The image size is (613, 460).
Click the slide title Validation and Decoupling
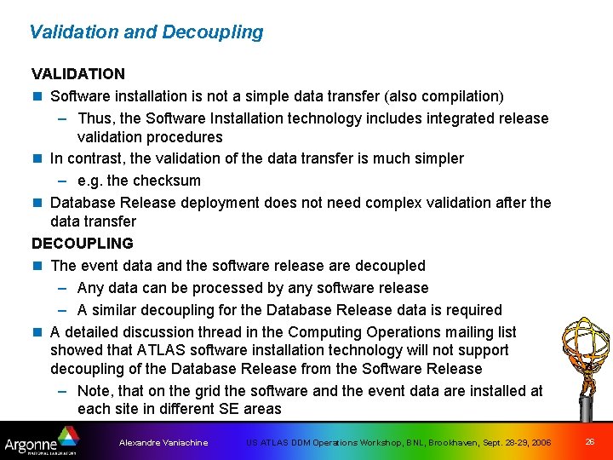point(146,32)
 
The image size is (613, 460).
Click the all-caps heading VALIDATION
point(78,74)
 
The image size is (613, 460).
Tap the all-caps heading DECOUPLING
point(83,244)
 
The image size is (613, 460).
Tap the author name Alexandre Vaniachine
point(163,443)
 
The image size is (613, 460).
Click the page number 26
point(590,441)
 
